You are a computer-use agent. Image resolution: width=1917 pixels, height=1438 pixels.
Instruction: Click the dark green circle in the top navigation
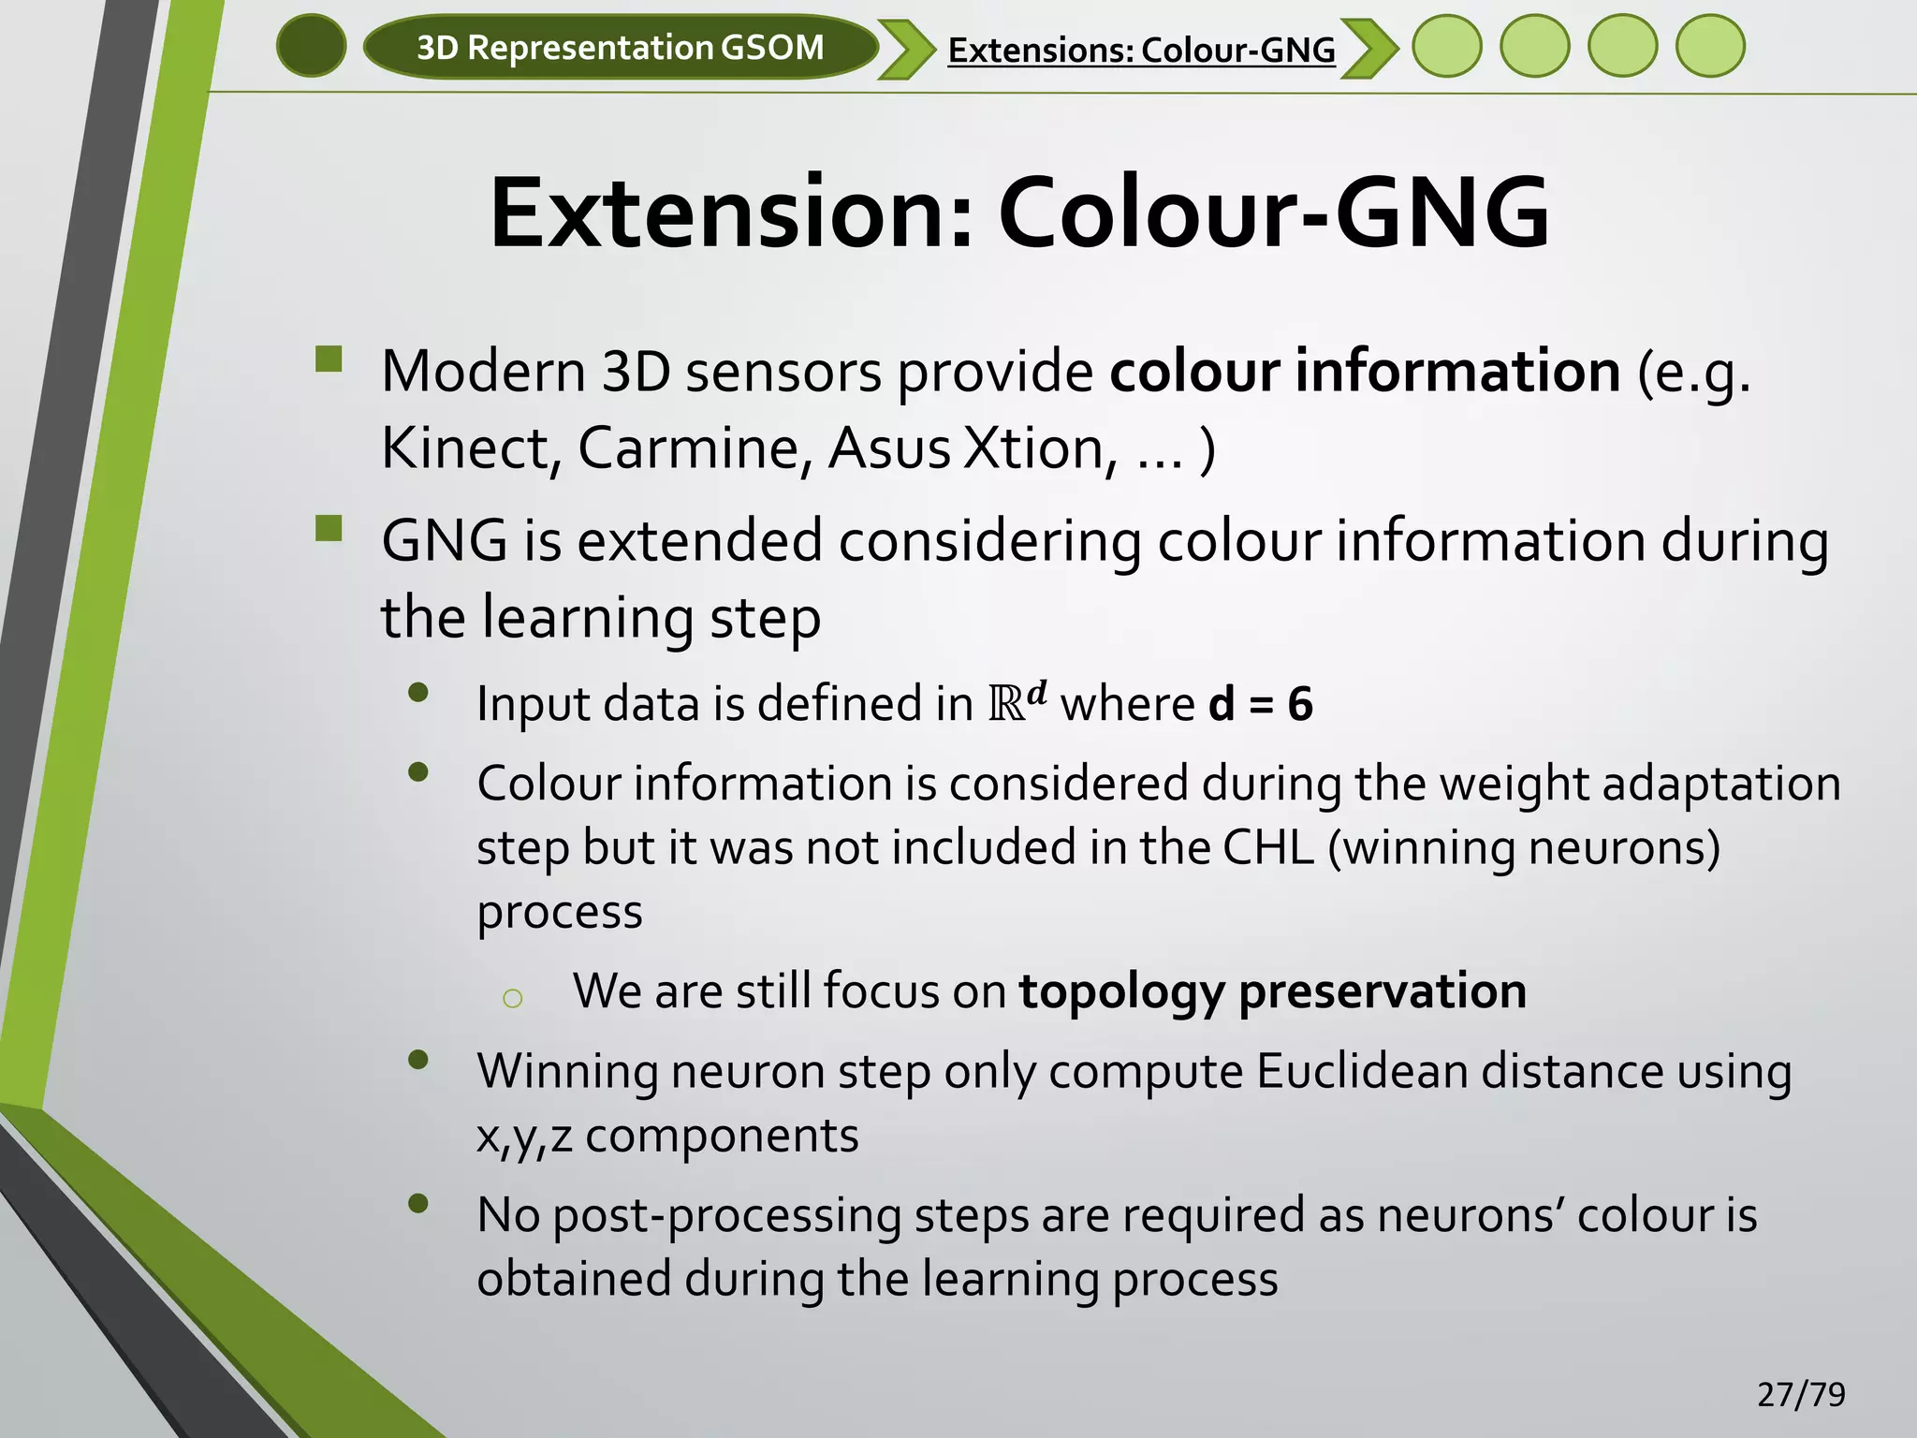click(x=312, y=46)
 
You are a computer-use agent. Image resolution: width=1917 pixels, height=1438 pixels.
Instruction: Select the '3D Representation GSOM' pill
click(x=620, y=47)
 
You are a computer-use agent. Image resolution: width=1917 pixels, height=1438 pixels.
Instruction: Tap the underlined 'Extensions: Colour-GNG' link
click(x=1141, y=50)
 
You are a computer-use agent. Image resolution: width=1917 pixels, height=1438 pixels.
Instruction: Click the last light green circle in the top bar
click(x=1709, y=46)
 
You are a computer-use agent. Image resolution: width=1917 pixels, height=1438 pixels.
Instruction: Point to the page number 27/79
click(x=1801, y=1395)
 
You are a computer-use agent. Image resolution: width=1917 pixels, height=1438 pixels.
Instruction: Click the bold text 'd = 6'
click(x=1260, y=704)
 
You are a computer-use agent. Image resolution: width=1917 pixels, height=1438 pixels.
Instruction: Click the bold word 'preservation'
click(x=1383, y=991)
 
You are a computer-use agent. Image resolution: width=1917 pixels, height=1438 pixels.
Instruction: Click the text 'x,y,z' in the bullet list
click(x=523, y=1137)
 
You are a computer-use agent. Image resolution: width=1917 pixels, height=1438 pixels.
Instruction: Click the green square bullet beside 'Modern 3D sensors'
click(x=329, y=360)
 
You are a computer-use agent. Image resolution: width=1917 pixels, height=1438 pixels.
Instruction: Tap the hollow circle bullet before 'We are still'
click(x=511, y=999)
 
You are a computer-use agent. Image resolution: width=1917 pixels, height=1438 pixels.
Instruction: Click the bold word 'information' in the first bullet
click(x=1457, y=372)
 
